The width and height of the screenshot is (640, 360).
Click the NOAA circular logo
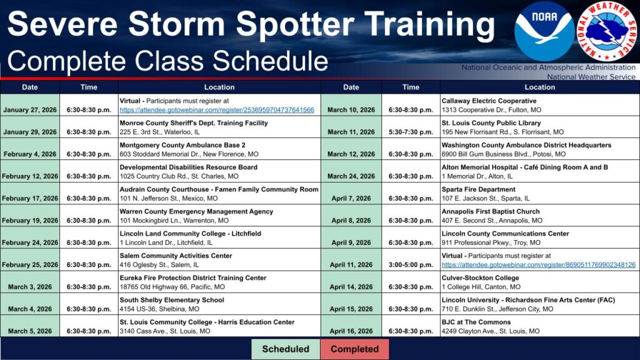point(544,31)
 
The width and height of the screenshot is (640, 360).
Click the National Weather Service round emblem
point(606,31)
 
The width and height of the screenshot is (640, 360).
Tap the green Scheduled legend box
point(285,349)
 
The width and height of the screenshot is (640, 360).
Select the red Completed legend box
point(354,349)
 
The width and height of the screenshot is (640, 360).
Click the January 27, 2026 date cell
point(29,110)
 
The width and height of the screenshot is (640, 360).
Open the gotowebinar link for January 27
point(216,110)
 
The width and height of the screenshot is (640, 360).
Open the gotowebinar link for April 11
point(538,265)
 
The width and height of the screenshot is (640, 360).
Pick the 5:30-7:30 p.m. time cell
point(411,132)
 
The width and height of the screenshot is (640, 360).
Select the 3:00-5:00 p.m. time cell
point(411,265)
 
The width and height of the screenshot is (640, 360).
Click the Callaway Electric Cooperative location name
point(489,101)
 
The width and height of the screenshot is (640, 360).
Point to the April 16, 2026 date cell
point(351,331)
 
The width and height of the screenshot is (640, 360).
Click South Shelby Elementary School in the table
point(171,300)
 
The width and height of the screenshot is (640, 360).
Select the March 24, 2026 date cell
point(351,176)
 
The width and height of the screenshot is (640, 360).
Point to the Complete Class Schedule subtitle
point(167,61)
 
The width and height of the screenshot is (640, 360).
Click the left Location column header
point(219,87)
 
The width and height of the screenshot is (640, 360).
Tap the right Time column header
point(411,87)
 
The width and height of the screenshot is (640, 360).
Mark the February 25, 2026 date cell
point(29,265)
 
